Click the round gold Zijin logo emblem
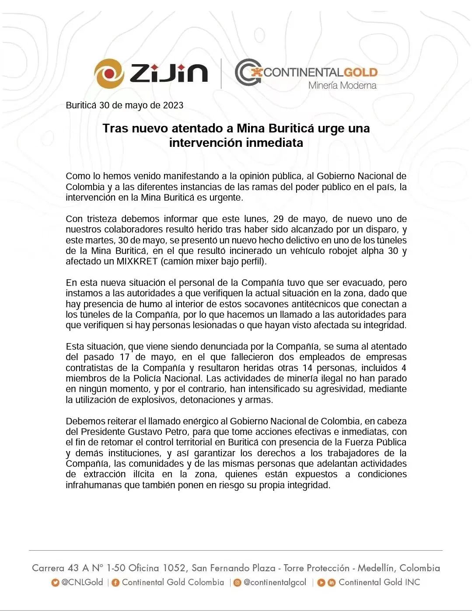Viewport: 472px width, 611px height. click(x=108, y=73)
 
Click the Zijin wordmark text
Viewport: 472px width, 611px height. click(x=168, y=73)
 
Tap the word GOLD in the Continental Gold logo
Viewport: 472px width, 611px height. click(x=360, y=72)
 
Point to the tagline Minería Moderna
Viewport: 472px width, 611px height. click(x=342, y=85)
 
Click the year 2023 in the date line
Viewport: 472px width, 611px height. click(x=173, y=105)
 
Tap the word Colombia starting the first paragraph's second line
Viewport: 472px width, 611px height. click(x=85, y=187)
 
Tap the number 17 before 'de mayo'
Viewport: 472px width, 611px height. click(x=125, y=357)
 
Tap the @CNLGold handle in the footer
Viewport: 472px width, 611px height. click(x=82, y=582)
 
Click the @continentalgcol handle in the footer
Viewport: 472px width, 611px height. click(x=275, y=582)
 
